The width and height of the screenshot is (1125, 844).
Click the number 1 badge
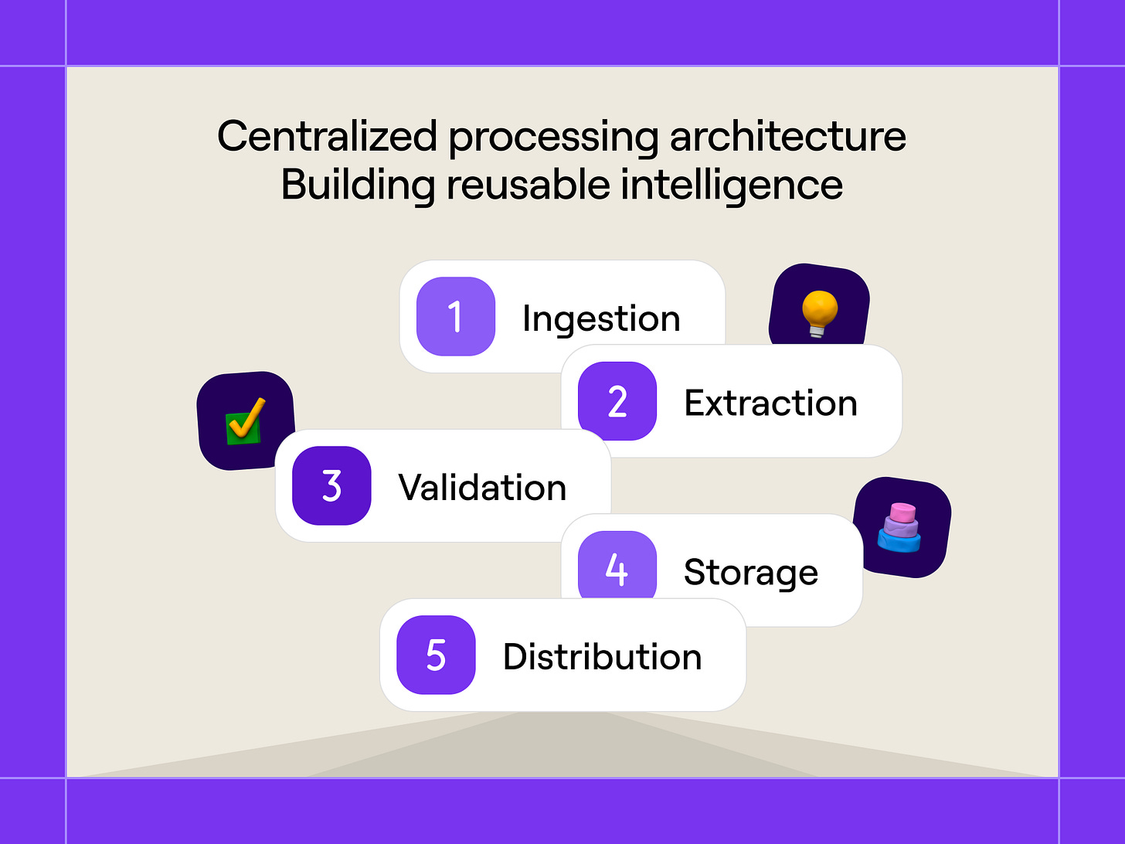455,317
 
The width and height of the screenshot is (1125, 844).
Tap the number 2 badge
617,401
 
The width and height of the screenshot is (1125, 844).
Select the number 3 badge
331,485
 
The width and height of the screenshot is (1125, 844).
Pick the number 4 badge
617,569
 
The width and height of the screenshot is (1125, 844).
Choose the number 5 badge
436,655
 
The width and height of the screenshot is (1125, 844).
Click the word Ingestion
601,318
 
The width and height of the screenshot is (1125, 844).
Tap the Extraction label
770,403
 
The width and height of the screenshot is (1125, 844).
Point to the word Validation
482,488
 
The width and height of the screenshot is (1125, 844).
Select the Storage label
750,572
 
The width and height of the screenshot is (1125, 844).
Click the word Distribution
602,656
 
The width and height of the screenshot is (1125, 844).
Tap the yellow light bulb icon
819,312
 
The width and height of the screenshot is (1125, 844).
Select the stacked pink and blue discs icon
900,528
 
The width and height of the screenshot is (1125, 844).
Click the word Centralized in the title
327,136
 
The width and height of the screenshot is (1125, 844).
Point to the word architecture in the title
787,136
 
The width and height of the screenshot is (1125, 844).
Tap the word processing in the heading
553,138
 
